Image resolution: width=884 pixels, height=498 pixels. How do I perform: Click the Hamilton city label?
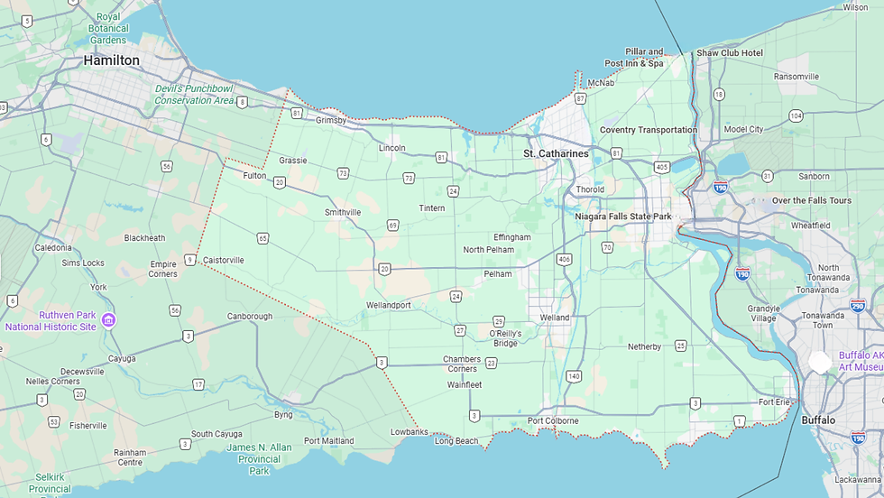[111, 60]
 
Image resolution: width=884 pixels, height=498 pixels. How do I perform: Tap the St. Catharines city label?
[556, 154]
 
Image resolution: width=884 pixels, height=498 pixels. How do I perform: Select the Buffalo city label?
[818, 420]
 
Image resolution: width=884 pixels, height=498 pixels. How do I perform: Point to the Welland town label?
[555, 318]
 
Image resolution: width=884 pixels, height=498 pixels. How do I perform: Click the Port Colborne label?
[553, 421]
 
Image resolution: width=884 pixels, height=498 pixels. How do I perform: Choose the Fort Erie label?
[774, 402]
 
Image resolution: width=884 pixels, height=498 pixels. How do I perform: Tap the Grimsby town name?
[331, 121]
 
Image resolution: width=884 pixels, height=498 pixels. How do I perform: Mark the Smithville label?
[343, 213]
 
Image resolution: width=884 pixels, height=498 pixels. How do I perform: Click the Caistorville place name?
[223, 261]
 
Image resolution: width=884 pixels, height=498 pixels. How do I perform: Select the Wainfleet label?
[465, 384]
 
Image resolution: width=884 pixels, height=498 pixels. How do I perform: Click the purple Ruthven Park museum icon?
[108, 320]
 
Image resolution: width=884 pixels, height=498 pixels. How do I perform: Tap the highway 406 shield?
[565, 260]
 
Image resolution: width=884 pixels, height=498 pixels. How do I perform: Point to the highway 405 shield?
[662, 167]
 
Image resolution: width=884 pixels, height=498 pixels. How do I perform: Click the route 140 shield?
[574, 375]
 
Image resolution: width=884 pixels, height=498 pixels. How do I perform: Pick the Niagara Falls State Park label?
[623, 217]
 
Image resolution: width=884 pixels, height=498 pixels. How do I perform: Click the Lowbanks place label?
[409, 432]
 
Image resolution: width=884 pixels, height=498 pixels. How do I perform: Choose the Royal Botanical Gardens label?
[108, 28]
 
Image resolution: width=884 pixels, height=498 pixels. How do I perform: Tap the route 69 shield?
[392, 225]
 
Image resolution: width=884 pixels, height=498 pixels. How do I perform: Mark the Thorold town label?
[590, 190]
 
